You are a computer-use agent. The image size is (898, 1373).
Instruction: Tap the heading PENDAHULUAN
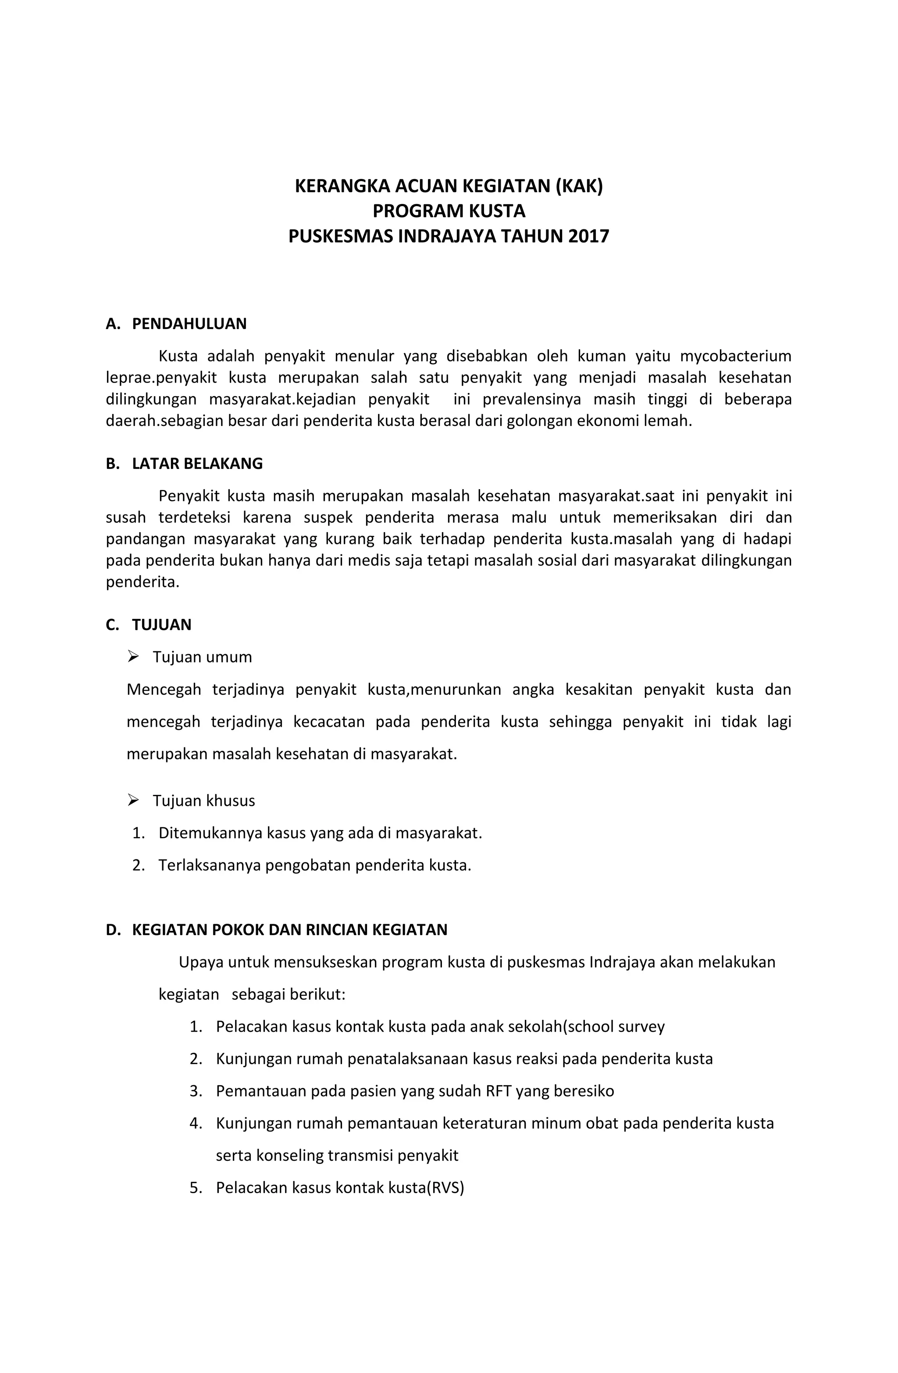[x=189, y=324]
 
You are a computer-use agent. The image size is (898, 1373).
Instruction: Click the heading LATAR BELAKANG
[x=197, y=464]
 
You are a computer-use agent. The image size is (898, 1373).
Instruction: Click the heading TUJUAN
[x=161, y=625]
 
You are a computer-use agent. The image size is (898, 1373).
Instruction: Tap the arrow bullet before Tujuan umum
[x=133, y=657]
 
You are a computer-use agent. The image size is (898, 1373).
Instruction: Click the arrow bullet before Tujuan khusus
[x=133, y=800]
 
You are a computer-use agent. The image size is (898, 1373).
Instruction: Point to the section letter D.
[x=112, y=930]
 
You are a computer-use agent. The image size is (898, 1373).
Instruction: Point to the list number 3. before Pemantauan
[x=196, y=1091]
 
